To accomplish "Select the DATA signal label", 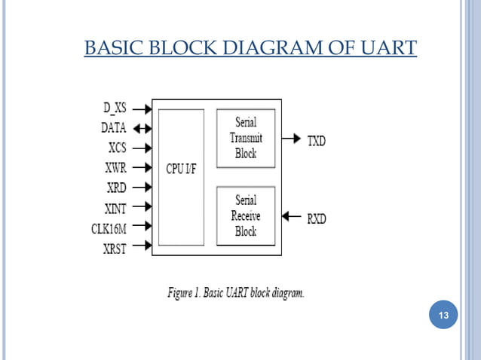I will [x=112, y=128].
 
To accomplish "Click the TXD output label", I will [x=317, y=140].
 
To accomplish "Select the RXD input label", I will [x=317, y=218].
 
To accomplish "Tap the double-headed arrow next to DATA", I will [x=141, y=128].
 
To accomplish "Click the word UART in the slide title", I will [x=386, y=48].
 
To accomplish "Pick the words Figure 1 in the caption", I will [x=187, y=292].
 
